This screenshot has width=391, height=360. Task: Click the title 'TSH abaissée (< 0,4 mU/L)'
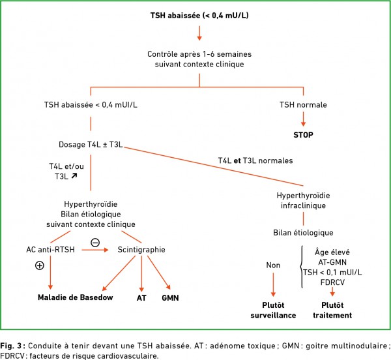coord(199,16)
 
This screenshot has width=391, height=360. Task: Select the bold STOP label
coord(303,135)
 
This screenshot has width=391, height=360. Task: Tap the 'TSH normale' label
coord(303,105)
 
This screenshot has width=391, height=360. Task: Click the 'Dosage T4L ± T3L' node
coord(91,145)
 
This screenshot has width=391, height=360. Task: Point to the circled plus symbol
coord(40,265)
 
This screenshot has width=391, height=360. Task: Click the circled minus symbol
coord(95,243)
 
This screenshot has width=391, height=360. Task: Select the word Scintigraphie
coord(141,250)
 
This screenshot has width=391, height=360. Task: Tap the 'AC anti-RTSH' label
coord(50,250)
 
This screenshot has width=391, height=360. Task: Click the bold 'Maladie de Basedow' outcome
coord(76,297)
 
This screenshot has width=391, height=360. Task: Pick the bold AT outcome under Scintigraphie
coord(141,298)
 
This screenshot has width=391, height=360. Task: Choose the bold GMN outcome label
coord(170,298)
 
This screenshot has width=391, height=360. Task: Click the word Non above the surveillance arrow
coord(273,265)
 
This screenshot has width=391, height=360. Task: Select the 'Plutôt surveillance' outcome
coord(273,310)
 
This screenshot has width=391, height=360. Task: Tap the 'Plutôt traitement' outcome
coord(332,310)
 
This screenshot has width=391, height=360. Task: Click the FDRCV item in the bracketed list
coord(332,282)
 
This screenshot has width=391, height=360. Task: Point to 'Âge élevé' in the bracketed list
coord(332,252)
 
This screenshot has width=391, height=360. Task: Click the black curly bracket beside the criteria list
coord(300,267)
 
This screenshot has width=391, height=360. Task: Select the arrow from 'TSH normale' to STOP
coord(303,119)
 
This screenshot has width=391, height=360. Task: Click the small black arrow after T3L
coord(74,176)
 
